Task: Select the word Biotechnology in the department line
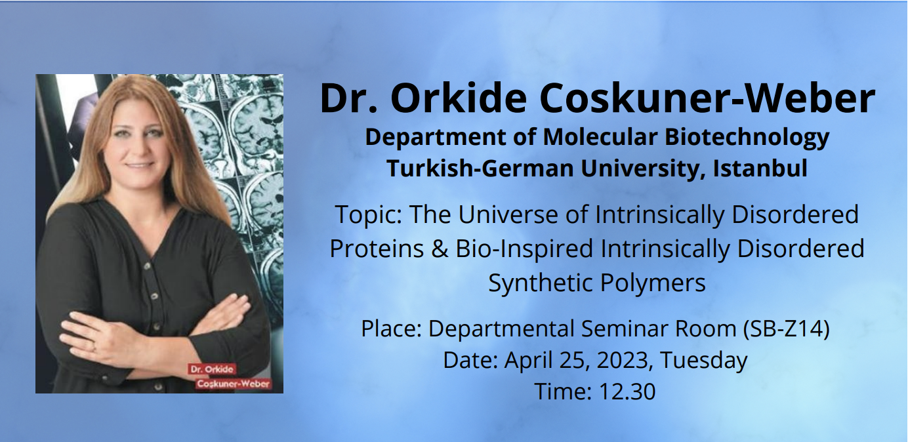coord(747,138)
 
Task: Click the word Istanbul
coord(760,168)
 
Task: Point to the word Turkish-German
coord(481,168)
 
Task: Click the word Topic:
coord(369,214)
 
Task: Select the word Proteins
coord(377,249)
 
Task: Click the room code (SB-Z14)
coord(787,329)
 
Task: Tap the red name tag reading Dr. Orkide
coord(212,369)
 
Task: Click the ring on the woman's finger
coord(94,347)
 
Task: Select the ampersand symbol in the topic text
coord(440,249)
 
